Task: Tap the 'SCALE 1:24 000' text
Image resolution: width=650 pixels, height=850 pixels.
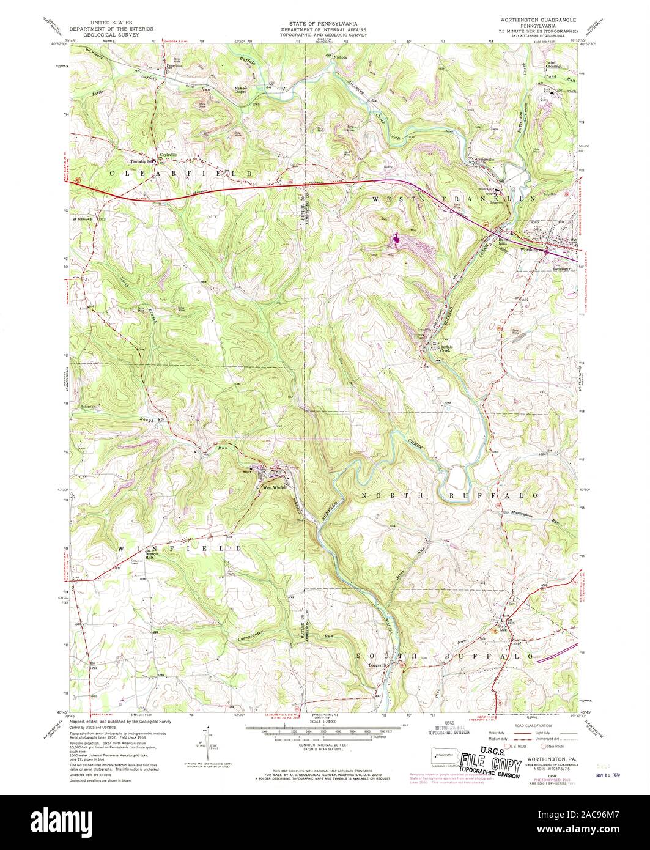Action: tap(325, 722)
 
